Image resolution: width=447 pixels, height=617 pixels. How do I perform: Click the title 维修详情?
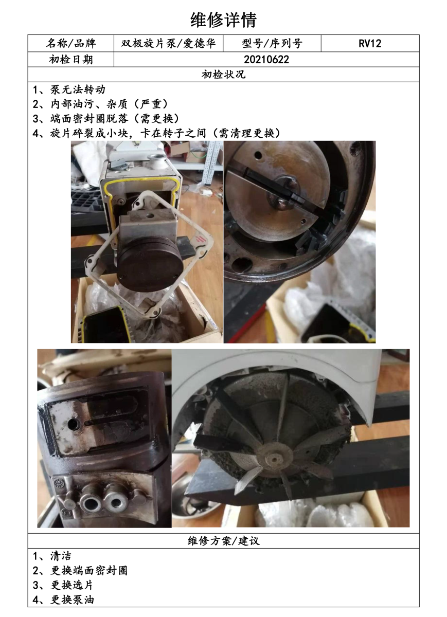(x=223, y=20)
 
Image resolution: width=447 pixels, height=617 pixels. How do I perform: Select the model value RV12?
(x=370, y=44)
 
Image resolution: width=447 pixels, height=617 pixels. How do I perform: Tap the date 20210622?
(x=266, y=60)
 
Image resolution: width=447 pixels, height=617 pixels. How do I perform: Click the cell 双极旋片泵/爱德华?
(x=168, y=43)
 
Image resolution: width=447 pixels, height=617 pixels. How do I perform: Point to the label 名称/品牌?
(x=71, y=43)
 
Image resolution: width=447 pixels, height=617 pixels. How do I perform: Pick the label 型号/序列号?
(x=272, y=43)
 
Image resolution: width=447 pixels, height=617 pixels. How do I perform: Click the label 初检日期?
(x=71, y=60)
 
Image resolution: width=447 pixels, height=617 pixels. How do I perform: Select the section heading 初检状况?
(x=223, y=75)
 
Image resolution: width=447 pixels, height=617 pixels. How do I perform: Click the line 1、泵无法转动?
(x=69, y=89)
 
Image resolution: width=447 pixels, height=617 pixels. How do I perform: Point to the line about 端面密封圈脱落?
(x=106, y=119)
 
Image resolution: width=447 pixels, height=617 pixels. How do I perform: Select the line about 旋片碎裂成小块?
(x=156, y=133)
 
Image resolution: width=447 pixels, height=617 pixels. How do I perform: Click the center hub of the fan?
(x=273, y=459)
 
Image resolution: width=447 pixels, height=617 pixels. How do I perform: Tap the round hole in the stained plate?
(x=74, y=425)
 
